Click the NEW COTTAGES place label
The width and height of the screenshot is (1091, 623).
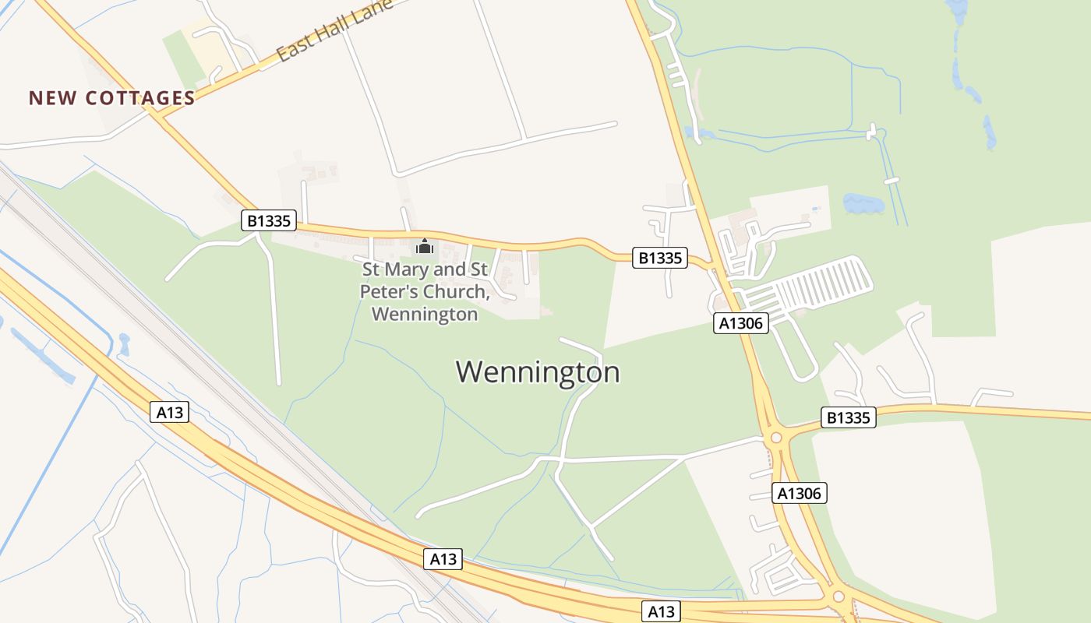(x=111, y=98)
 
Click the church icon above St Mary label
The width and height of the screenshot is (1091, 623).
(x=425, y=246)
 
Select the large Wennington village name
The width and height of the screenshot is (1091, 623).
(x=538, y=372)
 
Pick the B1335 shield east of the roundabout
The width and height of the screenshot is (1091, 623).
(x=849, y=417)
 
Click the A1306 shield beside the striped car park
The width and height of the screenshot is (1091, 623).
(x=741, y=322)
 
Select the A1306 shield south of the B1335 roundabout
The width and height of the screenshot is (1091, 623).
(x=800, y=492)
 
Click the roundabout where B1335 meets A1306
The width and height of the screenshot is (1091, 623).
(x=775, y=438)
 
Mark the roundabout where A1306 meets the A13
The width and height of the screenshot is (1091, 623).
(x=839, y=597)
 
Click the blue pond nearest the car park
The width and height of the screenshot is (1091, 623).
(x=863, y=204)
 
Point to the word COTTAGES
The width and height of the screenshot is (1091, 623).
(x=140, y=98)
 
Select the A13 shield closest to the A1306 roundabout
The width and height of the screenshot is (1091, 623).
(x=661, y=611)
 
